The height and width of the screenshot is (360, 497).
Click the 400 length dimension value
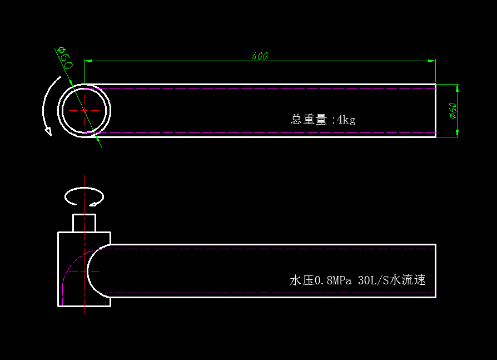coord(260,56)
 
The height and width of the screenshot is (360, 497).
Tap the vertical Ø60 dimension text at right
coord(453,111)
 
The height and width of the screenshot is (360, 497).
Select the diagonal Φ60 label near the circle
coord(65,58)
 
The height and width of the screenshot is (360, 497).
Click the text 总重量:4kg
coord(323,119)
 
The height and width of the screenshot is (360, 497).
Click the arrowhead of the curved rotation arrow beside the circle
coord(48,131)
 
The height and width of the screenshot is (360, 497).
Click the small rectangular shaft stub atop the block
coord(85,223)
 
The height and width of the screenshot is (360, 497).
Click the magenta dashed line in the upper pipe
coord(267,133)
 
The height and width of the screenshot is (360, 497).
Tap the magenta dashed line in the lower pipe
coord(267,293)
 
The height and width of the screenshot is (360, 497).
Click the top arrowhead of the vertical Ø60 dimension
coord(457,88)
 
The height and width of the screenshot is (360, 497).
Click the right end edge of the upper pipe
coord(435,111)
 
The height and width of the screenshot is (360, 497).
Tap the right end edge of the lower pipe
coord(435,270)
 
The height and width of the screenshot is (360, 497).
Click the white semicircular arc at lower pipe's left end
coord(88,270)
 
